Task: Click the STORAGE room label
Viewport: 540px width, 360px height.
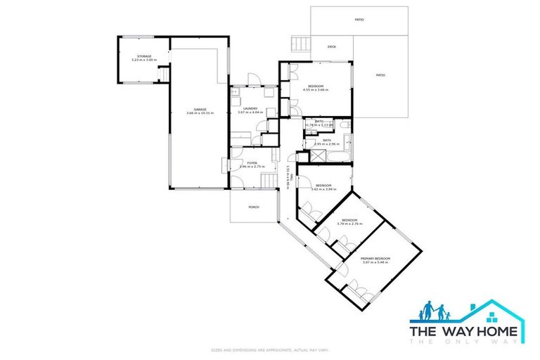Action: point(144,56)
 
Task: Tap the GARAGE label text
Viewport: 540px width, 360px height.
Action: point(200,109)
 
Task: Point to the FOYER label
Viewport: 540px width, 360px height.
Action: point(251,163)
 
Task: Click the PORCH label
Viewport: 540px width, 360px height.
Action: point(253,207)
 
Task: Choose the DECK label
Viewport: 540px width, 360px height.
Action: point(331,47)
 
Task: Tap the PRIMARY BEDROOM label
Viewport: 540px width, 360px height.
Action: point(375,258)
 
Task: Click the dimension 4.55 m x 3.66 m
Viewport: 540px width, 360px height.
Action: point(316,89)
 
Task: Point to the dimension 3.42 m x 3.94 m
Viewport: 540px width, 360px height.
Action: point(323,189)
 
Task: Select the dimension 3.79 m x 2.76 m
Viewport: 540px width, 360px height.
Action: point(349,224)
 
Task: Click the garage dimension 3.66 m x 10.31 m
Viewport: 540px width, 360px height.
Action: point(200,112)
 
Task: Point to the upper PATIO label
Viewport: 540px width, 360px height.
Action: point(359,20)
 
